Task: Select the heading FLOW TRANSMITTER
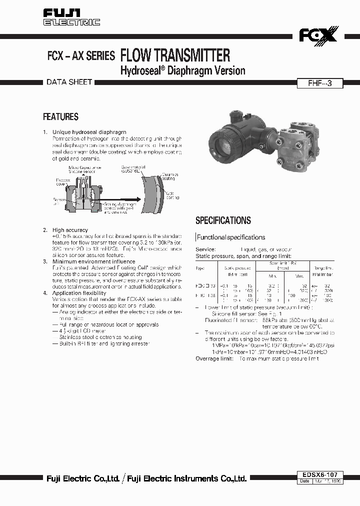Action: coord(175,55)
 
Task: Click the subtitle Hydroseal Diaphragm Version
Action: coord(183,70)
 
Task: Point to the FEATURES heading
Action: coord(60,117)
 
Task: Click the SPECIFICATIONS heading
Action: coord(223,220)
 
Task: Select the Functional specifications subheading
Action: coord(231,237)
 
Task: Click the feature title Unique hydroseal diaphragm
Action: coord(89,132)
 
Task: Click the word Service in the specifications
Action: coord(205,249)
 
